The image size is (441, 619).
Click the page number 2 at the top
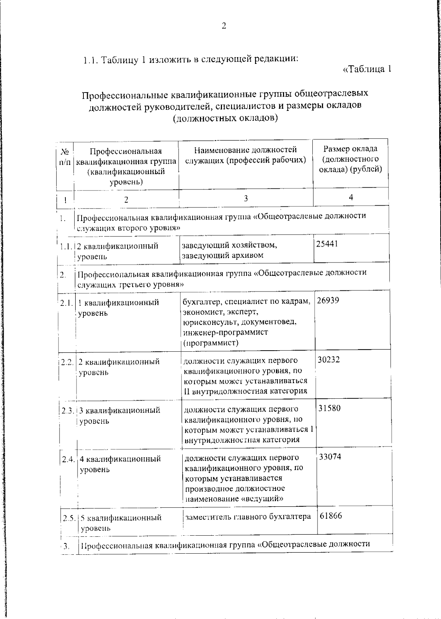point(224,26)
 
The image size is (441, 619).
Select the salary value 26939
point(328,300)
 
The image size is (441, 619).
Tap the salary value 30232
point(329,359)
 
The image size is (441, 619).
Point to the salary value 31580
point(329,408)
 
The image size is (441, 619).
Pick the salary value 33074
point(330,457)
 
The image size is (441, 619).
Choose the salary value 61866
point(331,515)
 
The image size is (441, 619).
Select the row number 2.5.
point(69,518)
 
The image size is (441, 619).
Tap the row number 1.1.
point(66,246)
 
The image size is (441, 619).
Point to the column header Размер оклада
point(350,149)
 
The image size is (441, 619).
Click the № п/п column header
point(65,156)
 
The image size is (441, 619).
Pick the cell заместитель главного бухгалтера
point(248,517)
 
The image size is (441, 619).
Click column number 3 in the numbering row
point(245,198)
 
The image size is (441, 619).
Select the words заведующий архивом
point(223,255)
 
